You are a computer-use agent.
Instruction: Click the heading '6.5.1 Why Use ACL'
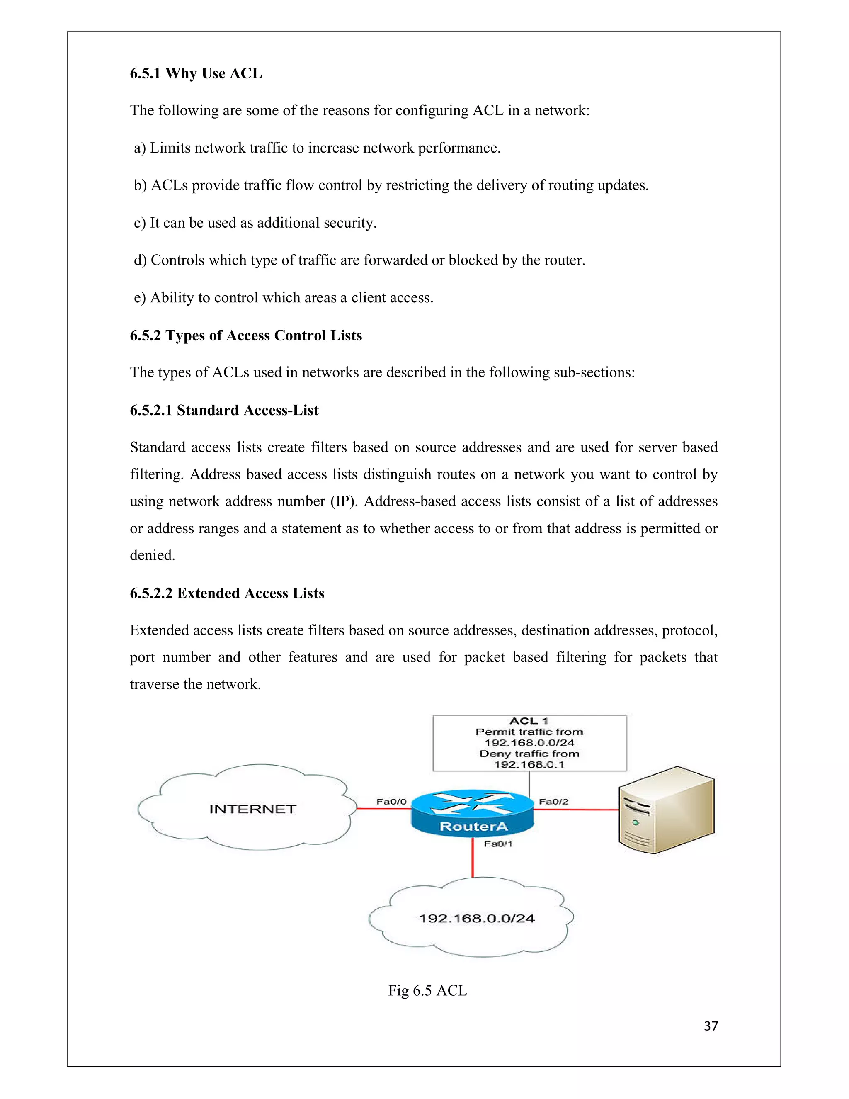tap(196, 73)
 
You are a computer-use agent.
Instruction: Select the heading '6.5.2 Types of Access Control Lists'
tap(245, 336)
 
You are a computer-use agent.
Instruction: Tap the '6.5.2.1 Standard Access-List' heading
tap(224, 411)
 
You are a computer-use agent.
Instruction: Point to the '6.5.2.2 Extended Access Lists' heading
tap(227, 593)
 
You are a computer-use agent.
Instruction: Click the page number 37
tap(711, 1026)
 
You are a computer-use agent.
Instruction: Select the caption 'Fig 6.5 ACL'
tap(427, 990)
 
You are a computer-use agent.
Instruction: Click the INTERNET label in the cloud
tap(252, 809)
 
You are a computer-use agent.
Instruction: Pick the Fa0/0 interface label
tap(391, 802)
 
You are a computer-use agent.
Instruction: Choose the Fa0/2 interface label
tap(553, 802)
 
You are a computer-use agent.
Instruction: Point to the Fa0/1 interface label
tap(498, 844)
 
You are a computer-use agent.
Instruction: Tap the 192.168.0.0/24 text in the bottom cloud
tap(476, 918)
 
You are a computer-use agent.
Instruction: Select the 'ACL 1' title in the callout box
tap(529, 721)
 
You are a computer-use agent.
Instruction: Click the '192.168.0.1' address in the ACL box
tap(529, 764)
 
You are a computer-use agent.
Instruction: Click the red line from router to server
tap(576, 810)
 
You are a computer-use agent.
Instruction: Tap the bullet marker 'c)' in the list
tap(139, 223)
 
